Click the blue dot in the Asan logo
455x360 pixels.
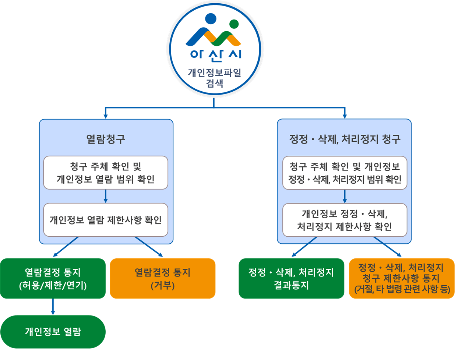click(211, 18)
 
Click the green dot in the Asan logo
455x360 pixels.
click(234, 24)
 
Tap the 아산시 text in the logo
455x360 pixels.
click(216, 55)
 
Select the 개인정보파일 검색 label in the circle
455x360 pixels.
click(215, 78)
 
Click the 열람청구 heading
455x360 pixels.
click(106, 139)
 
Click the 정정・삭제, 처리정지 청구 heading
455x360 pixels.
click(345, 139)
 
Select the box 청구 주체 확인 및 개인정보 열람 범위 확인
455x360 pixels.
click(106, 173)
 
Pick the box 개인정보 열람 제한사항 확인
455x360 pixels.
click(106, 220)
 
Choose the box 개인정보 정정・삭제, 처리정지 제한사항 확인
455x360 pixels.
click(345, 220)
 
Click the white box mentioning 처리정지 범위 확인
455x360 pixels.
click(345, 173)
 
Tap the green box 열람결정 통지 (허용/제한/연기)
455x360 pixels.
click(53, 279)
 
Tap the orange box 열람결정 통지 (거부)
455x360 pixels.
click(162, 279)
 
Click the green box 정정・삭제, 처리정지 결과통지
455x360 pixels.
click(291, 279)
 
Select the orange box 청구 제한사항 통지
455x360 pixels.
click(402, 279)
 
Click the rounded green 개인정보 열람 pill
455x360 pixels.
click(53, 332)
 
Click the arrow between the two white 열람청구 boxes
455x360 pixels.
click(106, 196)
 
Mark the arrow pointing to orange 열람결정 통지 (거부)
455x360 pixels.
click(149, 247)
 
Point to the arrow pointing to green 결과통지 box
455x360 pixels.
click(304, 247)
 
